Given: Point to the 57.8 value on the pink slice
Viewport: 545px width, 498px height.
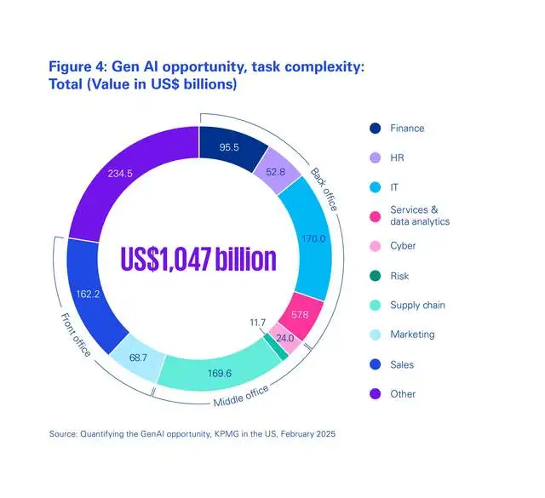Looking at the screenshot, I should [301, 316].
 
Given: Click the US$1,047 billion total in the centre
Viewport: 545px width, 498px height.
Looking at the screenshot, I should [198, 260].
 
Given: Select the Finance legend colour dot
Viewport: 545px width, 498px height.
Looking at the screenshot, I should [375, 129].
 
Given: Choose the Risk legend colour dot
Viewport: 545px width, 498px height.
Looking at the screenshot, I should [375, 275].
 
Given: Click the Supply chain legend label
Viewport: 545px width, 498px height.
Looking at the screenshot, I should [417, 305].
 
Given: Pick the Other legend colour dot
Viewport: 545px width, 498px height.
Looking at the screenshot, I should [375, 394].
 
